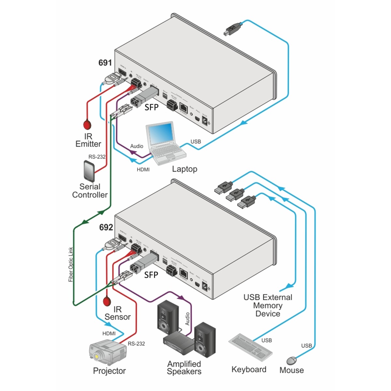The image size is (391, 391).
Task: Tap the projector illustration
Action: [107, 352]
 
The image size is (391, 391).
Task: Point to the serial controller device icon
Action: [89, 171]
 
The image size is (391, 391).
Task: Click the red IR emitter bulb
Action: [87, 124]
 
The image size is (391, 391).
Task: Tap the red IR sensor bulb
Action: [107, 301]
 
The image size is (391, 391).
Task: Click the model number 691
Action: [105, 63]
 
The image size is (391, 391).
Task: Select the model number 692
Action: [106, 227]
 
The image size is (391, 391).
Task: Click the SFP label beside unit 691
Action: [151, 107]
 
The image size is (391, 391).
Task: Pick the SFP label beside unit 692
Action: [151, 275]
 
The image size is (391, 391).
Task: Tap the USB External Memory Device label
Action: [268, 305]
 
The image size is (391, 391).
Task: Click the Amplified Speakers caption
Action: [184, 368]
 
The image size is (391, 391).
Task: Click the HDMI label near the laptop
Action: [143, 169]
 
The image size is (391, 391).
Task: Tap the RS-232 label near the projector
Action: [136, 343]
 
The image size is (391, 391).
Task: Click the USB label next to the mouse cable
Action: [306, 345]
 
